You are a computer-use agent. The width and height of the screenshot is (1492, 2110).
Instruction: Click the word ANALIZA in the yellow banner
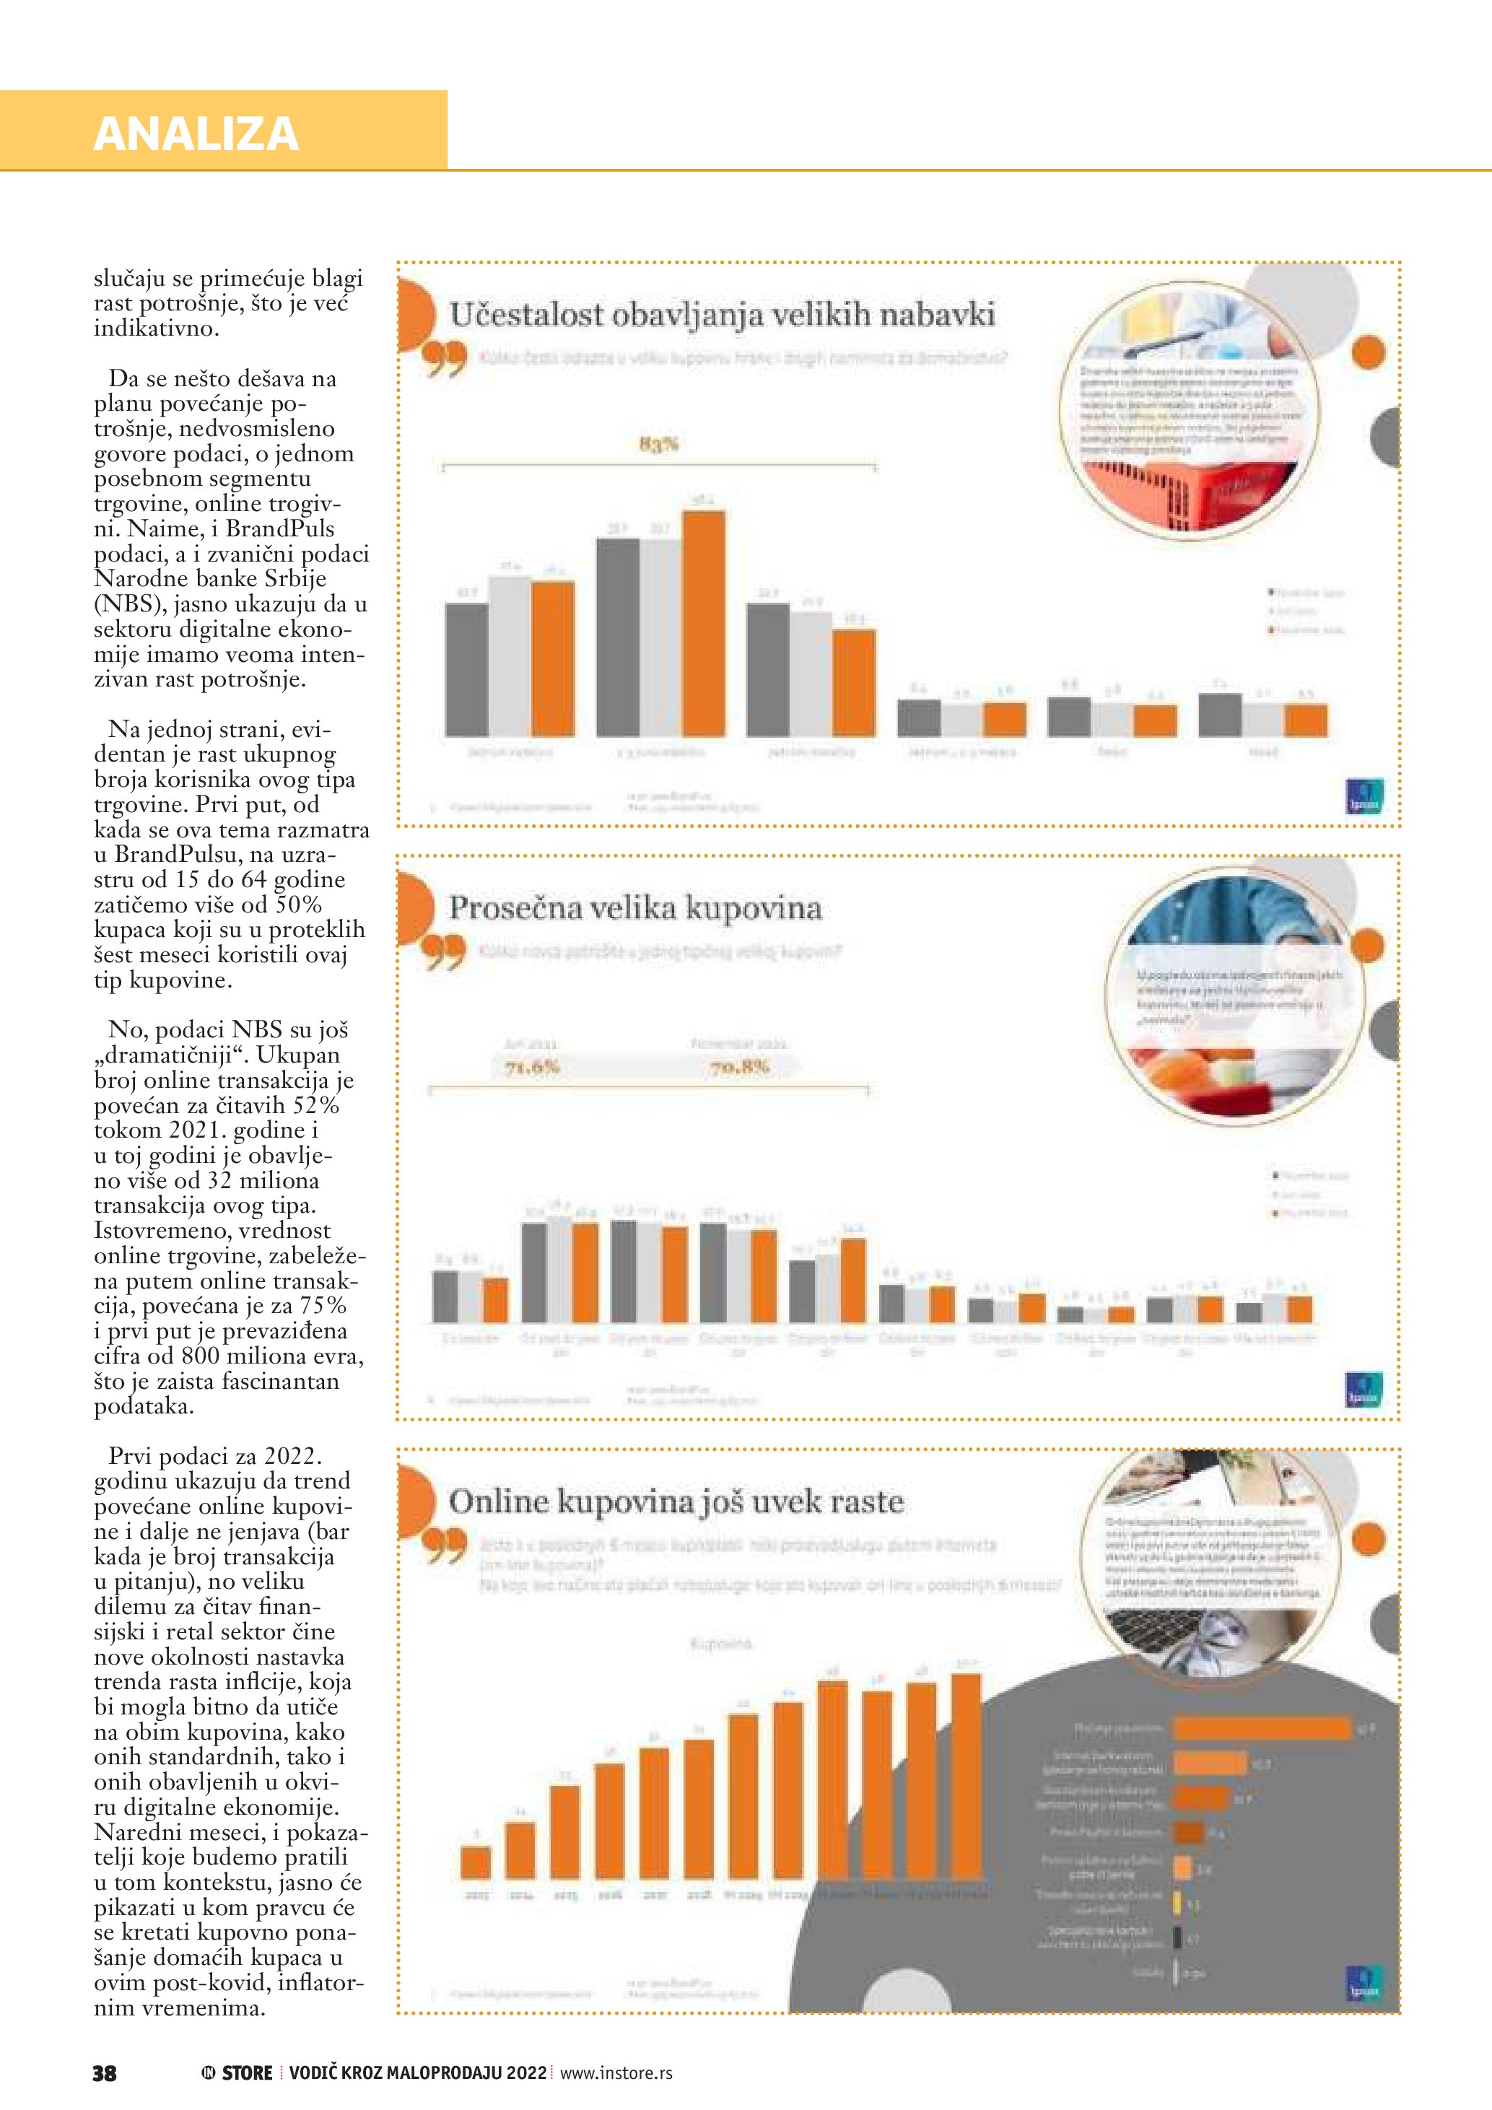(196, 134)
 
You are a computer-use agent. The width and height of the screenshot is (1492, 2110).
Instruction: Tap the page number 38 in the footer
(105, 2073)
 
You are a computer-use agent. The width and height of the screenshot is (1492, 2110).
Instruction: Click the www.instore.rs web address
(616, 2073)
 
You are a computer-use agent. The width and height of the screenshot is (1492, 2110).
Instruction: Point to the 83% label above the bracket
(658, 444)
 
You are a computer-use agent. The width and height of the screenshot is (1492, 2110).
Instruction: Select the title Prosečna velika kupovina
(634, 909)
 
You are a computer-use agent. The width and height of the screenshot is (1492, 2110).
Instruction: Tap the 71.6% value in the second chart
(532, 1067)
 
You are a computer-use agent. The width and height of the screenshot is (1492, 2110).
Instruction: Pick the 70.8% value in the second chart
(738, 1067)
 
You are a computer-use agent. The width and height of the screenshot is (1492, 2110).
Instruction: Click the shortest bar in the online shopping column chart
(476, 1862)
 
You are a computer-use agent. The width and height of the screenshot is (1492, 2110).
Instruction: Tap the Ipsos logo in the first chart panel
(1364, 795)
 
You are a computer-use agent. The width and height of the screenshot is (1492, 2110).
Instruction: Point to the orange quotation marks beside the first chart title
(445, 359)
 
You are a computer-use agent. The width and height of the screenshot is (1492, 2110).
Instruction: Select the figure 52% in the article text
(316, 1106)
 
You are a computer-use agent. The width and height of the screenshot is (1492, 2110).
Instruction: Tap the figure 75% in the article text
(323, 1306)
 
